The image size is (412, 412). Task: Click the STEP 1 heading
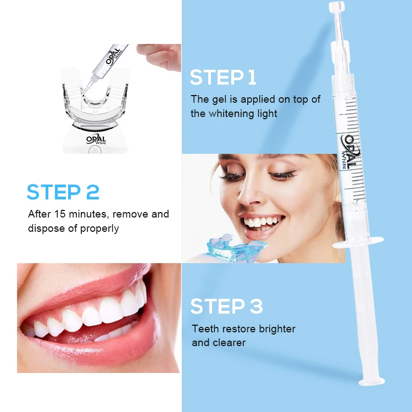point(223,77)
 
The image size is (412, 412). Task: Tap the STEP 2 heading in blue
point(63,192)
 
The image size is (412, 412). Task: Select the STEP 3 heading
point(226,306)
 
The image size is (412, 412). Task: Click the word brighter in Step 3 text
point(271,329)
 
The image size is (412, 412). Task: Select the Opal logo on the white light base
point(96,140)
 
